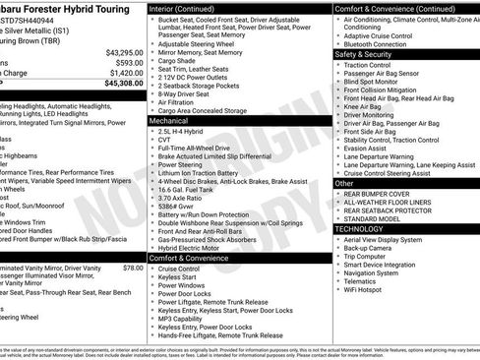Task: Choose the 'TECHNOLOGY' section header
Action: coord(358,228)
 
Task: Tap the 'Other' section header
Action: coord(344,183)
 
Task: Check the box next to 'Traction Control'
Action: coord(338,65)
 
